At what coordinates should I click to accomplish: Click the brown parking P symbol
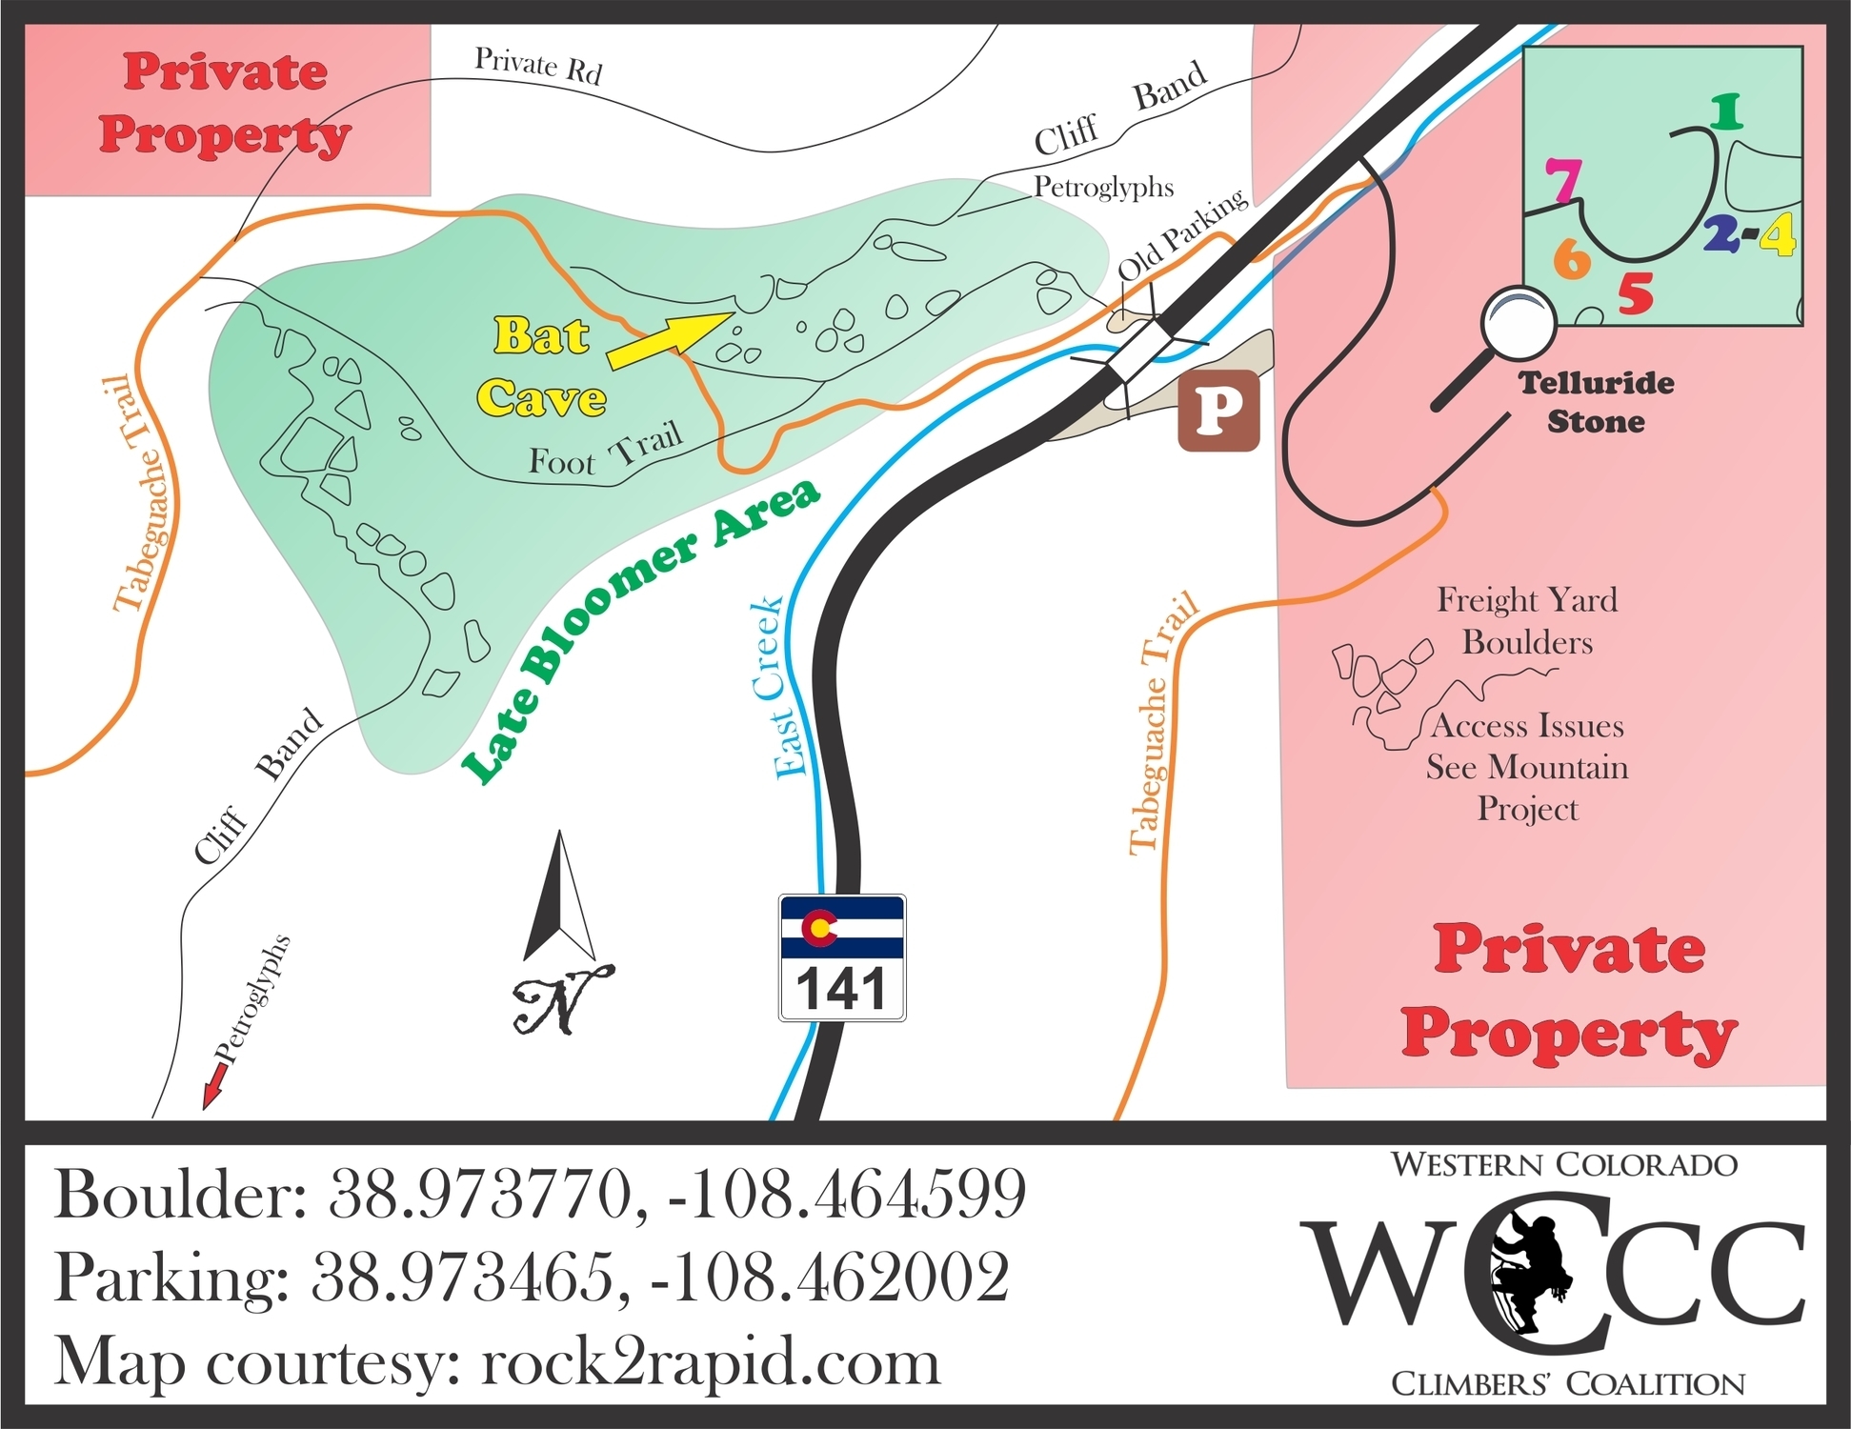coord(1218,410)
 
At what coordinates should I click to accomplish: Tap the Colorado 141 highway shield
coord(842,957)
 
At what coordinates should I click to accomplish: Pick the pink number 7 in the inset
coord(1563,180)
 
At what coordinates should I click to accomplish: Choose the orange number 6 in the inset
coord(1572,257)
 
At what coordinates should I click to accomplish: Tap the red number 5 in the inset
coord(1635,293)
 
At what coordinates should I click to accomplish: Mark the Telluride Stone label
coord(1596,402)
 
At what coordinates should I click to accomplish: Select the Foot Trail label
coord(606,451)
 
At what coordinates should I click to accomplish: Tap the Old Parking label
coord(1181,233)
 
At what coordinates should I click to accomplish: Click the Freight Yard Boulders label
coord(1527,620)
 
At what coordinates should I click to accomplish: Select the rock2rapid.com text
coord(711,1361)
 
